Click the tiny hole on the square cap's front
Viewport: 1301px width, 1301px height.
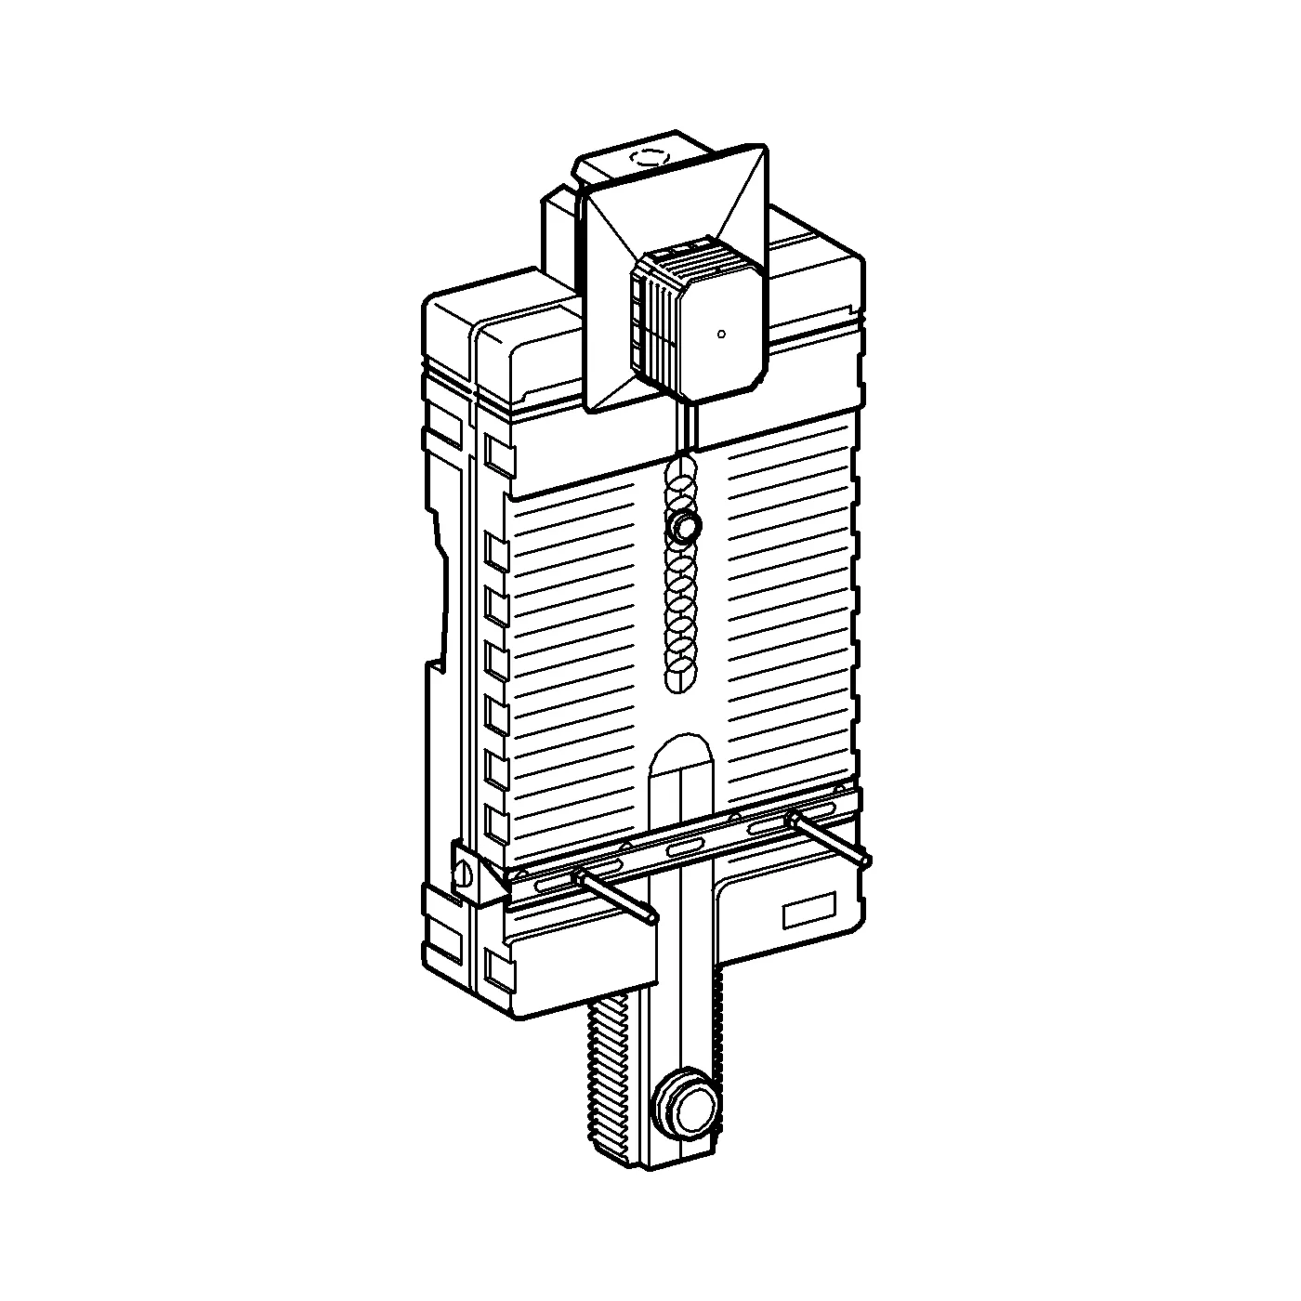[x=721, y=334]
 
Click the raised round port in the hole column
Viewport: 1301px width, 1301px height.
[x=685, y=527]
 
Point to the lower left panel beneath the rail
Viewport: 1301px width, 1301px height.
[x=576, y=966]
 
